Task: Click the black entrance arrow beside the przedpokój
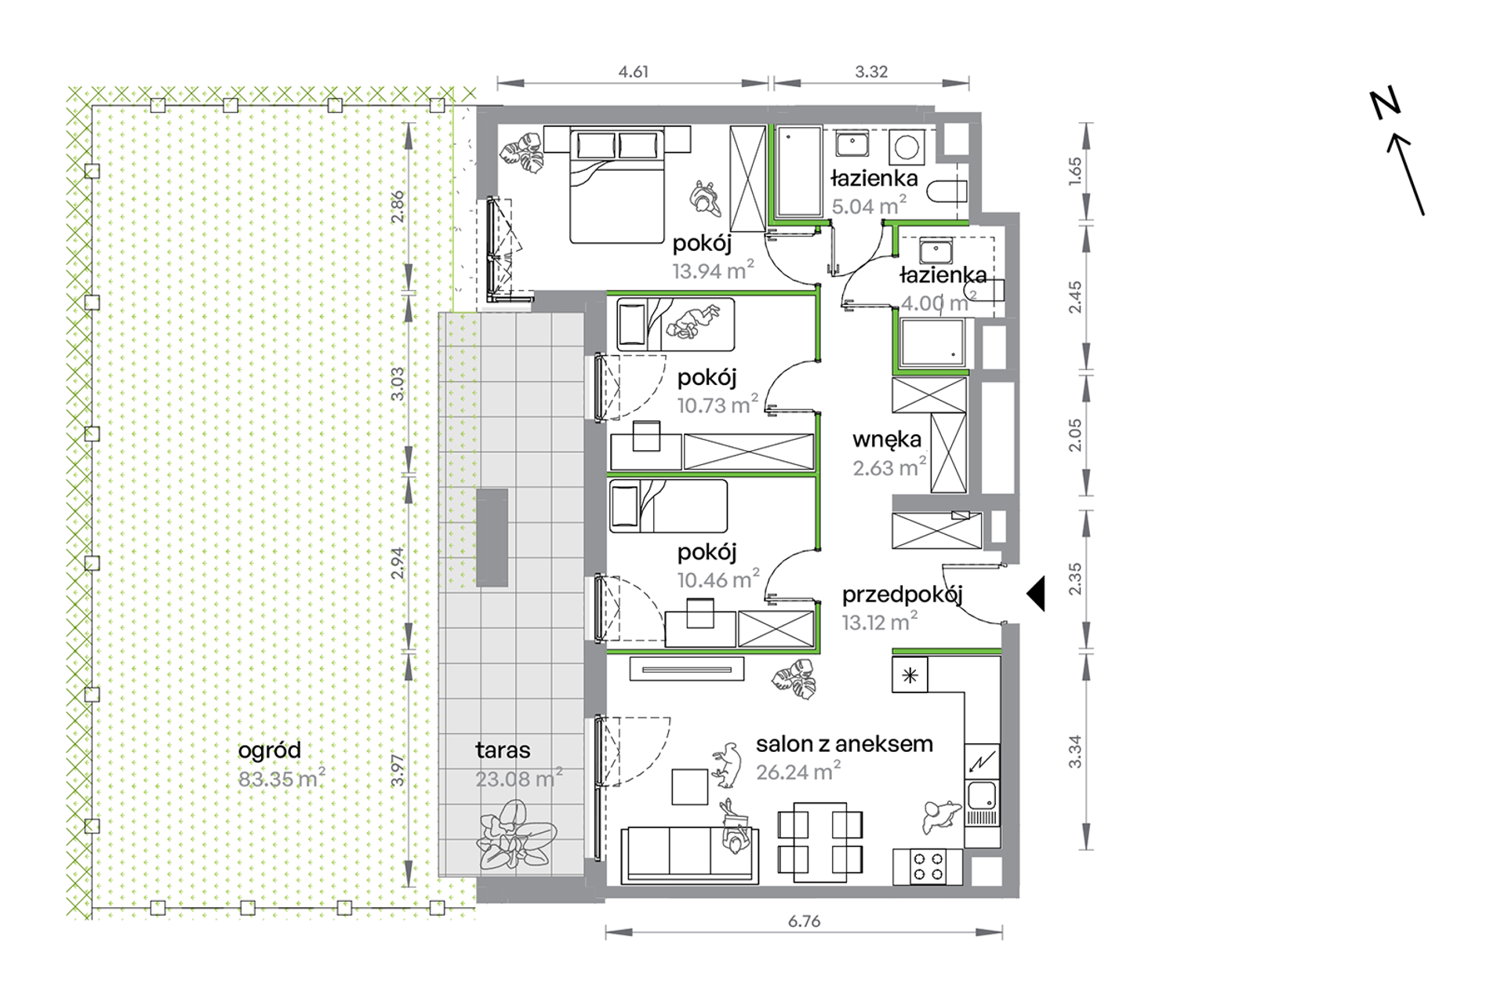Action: point(1038,594)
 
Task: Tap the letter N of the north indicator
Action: point(1385,104)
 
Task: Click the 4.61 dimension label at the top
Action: point(633,71)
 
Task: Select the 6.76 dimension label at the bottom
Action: point(804,921)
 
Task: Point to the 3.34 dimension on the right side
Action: point(1074,750)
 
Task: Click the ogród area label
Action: point(269,751)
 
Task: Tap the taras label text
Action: point(503,750)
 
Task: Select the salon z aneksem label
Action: point(845,743)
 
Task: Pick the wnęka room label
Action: point(887,440)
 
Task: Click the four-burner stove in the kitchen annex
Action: point(928,866)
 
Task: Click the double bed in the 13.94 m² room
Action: point(617,185)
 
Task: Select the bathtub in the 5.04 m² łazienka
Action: point(799,172)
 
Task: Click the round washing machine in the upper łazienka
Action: point(907,147)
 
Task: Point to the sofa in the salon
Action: point(690,855)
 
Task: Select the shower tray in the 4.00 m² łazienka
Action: point(932,343)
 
